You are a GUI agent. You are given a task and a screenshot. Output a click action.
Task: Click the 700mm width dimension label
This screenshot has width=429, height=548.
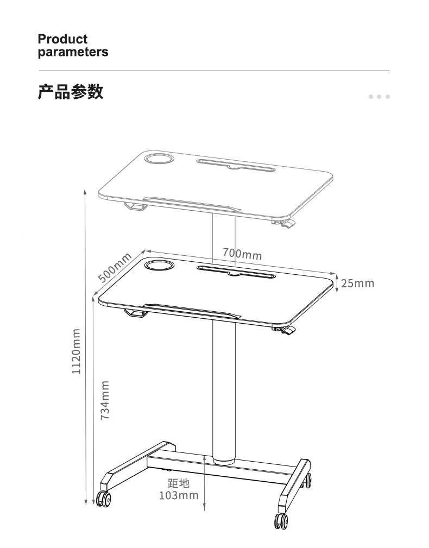click(242, 253)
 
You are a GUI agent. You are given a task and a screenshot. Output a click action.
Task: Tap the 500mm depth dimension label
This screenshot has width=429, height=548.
click(114, 267)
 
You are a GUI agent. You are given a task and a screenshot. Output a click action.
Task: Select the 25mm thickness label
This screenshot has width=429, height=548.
click(357, 283)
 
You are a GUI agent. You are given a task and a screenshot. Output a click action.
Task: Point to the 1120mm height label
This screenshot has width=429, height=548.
click(76, 351)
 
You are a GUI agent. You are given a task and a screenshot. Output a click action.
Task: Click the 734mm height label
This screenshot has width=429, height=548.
click(105, 400)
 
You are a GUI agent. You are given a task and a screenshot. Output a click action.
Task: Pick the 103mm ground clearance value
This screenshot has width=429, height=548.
click(179, 495)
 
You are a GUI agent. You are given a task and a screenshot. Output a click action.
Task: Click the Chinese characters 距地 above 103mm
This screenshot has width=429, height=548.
click(179, 483)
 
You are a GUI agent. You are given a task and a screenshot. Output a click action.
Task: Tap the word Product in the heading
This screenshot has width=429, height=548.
click(62, 39)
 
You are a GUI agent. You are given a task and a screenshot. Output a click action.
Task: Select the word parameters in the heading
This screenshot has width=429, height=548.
click(73, 52)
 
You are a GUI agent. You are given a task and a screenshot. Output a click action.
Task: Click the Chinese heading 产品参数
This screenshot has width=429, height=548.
click(71, 92)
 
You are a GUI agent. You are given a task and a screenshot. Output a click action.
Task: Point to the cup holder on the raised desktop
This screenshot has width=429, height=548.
click(159, 158)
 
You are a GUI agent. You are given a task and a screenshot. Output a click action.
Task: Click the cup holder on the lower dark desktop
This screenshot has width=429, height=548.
click(159, 265)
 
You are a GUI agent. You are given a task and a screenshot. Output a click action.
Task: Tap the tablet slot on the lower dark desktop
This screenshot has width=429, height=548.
click(236, 272)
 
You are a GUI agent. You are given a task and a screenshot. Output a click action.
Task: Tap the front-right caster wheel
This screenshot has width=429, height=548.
click(281, 521)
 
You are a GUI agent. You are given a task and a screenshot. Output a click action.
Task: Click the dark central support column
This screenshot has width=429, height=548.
click(224, 392)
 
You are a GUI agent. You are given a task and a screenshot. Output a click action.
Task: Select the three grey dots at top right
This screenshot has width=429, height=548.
click(379, 97)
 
